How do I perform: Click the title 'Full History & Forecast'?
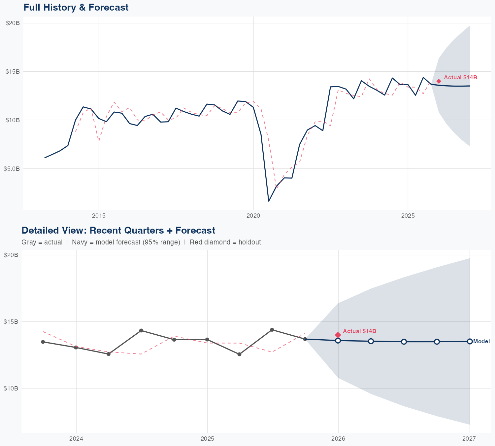pos(76,7)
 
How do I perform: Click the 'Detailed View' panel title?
pos(118,230)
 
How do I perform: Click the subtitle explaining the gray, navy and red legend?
pos(141,242)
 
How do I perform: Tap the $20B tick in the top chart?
pos(13,23)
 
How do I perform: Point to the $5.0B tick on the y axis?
pos(12,168)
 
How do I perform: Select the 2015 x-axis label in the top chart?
pos(99,216)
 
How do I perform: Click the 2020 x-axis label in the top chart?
pos(253,216)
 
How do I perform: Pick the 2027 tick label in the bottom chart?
pos(469,439)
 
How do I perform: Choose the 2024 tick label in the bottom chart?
pos(76,439)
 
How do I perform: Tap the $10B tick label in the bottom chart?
pos(11,388)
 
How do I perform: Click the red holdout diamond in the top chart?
pos(439,81)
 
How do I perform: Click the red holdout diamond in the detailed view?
pos(338,335)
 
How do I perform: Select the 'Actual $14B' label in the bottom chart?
pos(359,331)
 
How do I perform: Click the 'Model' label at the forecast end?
pos(481,342)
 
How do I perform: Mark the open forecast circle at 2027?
pos(470,341)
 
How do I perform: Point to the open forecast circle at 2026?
pos(338,340)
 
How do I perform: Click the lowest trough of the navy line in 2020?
pos(269,201)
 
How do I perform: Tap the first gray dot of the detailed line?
pos(43,342)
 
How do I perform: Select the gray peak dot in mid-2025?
pos(272,330)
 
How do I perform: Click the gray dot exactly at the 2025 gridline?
pos(207,339)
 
